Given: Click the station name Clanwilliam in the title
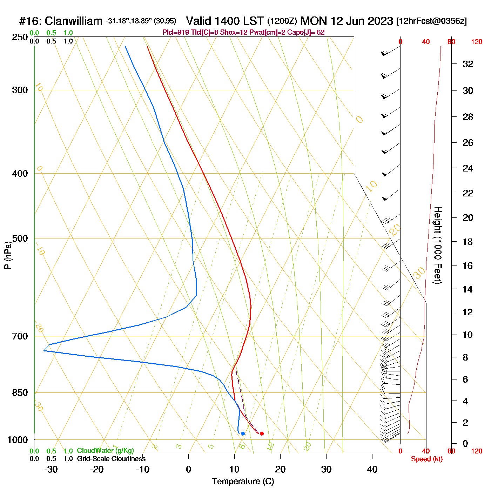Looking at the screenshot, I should click(x=74, y=21).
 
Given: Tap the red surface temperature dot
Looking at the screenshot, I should click(x=262, y=433).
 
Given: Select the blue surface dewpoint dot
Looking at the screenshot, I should click(x=243, y=433).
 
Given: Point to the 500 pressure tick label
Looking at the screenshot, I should click(x=20, y=238).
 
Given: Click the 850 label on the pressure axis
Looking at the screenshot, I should click(x=20, y=393).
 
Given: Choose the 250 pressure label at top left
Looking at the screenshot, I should click(x=20, y=37).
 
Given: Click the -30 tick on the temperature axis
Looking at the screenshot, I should click(x=51, y=469).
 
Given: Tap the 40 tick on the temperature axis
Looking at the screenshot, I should click(x=372, y=469).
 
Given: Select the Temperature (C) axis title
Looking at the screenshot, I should click(x=243, y=482).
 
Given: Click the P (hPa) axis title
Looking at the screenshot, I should click(x=8, y=255).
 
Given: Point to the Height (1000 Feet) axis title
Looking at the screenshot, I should click(x=437, y=245).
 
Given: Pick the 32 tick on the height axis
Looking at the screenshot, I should click(x=468, y=64).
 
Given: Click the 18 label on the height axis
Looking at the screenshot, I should click(x=468, y=242).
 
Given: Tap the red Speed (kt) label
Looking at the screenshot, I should click(x=427, y=459).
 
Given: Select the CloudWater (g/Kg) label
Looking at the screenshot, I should click(x=105, y=451).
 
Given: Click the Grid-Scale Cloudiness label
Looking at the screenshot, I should click(x=111, y=459).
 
